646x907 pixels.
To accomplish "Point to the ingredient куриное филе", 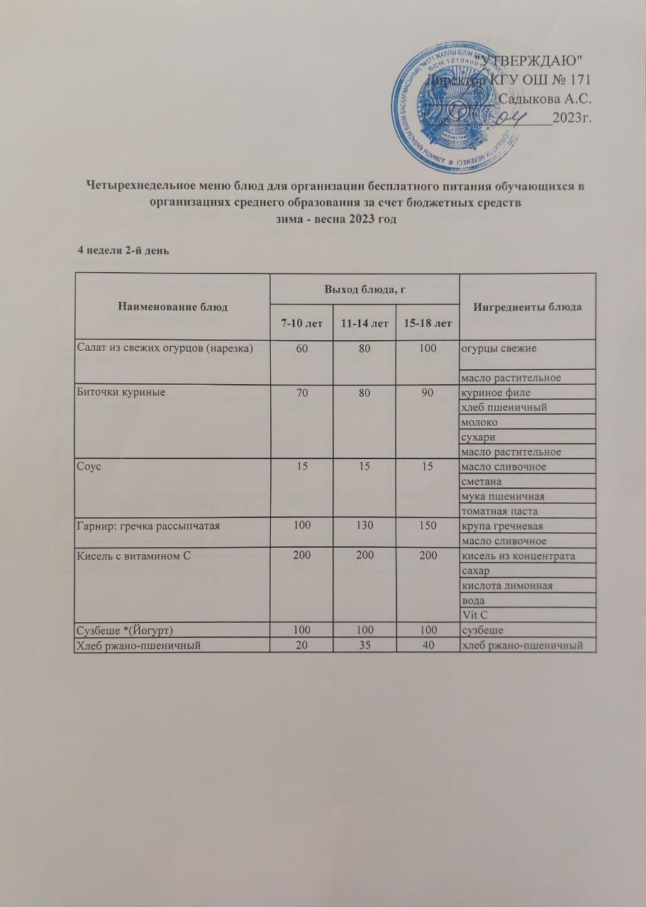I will click(496, 393).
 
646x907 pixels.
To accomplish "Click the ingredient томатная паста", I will click(499, 511).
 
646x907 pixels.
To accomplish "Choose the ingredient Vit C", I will click(474, 614).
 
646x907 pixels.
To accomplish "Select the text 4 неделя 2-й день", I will click(122, 251).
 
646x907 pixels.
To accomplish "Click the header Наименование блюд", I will click(173, 307).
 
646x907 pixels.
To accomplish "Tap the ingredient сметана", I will click(484, 481).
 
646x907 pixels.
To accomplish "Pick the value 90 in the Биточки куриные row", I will click(425, 393).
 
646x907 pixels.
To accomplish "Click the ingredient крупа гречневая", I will click(502, 526).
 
